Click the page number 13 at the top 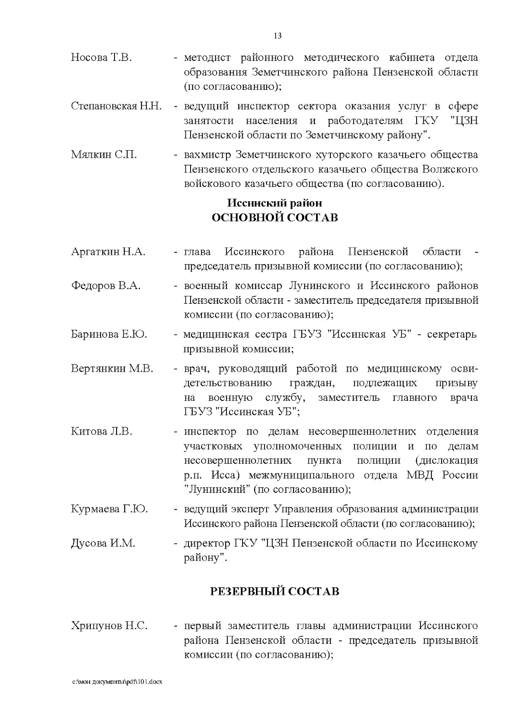278,36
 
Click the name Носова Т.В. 101,58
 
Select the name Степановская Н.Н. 116,106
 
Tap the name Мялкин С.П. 104,155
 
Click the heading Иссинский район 275,203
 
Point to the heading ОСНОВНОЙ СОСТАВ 275,218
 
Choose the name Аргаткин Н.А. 108,252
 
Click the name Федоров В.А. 106,286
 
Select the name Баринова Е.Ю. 109,335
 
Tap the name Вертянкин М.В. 112,368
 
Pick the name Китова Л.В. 102,432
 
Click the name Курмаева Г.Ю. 109,509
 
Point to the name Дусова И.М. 103,543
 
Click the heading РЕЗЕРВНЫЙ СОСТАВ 275,592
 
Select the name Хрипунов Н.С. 109,626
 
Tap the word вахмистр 207,155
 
